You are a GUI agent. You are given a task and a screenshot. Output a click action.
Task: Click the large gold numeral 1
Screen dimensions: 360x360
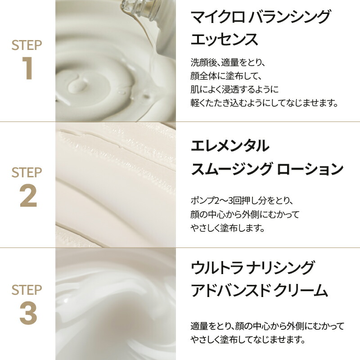click(x=27, y=68)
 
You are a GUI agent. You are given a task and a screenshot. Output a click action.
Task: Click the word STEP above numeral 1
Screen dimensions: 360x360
click(x=27, y=45)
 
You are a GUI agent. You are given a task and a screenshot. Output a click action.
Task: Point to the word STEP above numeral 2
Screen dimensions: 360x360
click(x=27, y=172)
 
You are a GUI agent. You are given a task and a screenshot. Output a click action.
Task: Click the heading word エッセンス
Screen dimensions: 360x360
click(x=224, y=40)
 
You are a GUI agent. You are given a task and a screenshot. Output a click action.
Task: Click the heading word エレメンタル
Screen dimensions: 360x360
click(x=230, y=146)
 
